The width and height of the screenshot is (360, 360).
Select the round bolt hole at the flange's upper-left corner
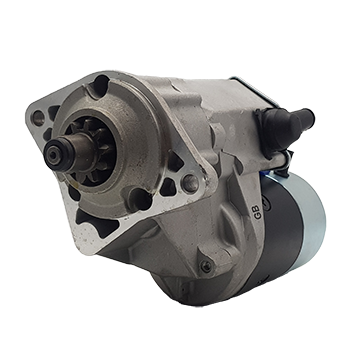[38, 117]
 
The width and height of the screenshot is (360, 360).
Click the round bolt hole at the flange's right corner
[190, 183]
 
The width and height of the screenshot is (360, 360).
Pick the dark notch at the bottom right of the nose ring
[140, 199]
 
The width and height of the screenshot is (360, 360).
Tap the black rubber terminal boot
[283, 125]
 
